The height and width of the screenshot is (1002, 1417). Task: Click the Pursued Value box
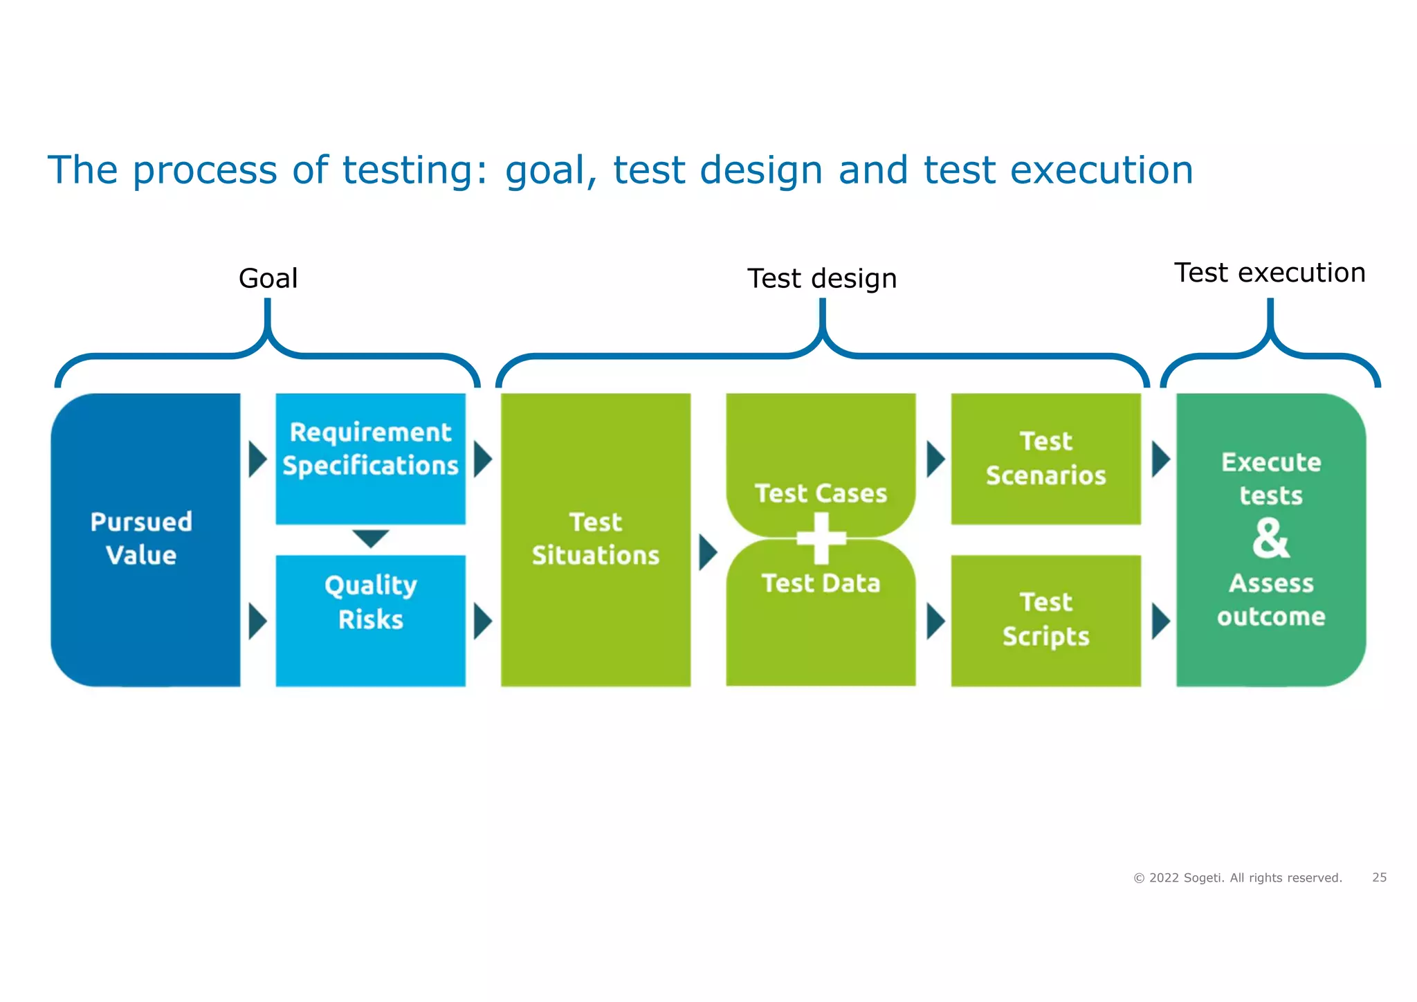145,539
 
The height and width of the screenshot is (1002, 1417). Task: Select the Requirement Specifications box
370,457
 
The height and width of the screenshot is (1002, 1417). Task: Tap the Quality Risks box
370,619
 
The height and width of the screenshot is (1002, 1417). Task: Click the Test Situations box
595,539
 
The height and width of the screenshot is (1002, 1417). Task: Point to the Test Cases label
821,493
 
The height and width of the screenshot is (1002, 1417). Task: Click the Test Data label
821,583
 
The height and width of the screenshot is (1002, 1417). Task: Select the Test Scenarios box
1045,458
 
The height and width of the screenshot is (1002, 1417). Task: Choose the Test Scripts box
1045,619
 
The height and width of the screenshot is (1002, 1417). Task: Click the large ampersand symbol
1271,539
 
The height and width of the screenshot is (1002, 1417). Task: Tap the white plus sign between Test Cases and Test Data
821,538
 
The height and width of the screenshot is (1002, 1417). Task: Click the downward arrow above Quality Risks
370,538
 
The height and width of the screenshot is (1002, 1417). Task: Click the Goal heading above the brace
268,278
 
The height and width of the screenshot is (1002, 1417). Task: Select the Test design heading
822,279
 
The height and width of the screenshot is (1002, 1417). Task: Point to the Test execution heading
1270,273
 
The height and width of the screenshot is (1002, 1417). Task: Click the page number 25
1379,877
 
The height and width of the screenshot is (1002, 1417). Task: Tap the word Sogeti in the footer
1203,878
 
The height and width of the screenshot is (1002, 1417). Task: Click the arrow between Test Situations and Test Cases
707,552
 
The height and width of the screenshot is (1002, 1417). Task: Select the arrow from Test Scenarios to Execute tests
1160,459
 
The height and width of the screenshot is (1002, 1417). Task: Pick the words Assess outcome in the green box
1271,600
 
